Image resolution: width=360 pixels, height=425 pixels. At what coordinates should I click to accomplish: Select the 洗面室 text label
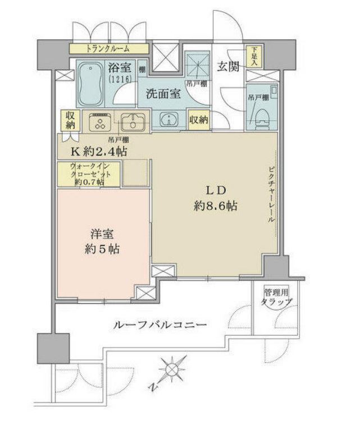[163, 94]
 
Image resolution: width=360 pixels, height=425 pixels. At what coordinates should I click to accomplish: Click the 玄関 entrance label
[228, 66]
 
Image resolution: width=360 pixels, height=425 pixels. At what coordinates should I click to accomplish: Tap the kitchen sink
[133, 122]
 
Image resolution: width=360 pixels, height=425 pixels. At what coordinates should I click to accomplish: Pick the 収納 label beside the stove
[70, 121]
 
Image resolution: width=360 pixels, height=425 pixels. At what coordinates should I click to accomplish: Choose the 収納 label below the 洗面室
[198, 120]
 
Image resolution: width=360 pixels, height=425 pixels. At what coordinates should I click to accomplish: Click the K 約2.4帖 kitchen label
[98, 151]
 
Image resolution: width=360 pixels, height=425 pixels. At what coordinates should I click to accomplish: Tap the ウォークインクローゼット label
[88, 174]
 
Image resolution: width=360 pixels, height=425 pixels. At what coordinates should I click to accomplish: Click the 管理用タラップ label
[276, 298]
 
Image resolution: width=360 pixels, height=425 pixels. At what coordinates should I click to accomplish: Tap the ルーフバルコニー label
[160, 325]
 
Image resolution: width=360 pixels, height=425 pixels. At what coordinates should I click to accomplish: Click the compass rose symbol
[172, 370]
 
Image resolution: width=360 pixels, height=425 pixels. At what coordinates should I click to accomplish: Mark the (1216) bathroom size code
[120, 80]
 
